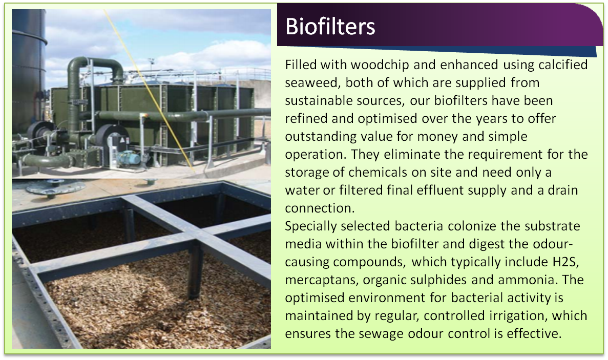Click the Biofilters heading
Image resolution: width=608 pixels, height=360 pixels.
[x=330, y=26]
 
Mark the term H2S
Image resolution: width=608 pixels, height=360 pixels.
[x=565, y=262]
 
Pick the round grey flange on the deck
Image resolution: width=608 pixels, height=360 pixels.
[x=56, y=187]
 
